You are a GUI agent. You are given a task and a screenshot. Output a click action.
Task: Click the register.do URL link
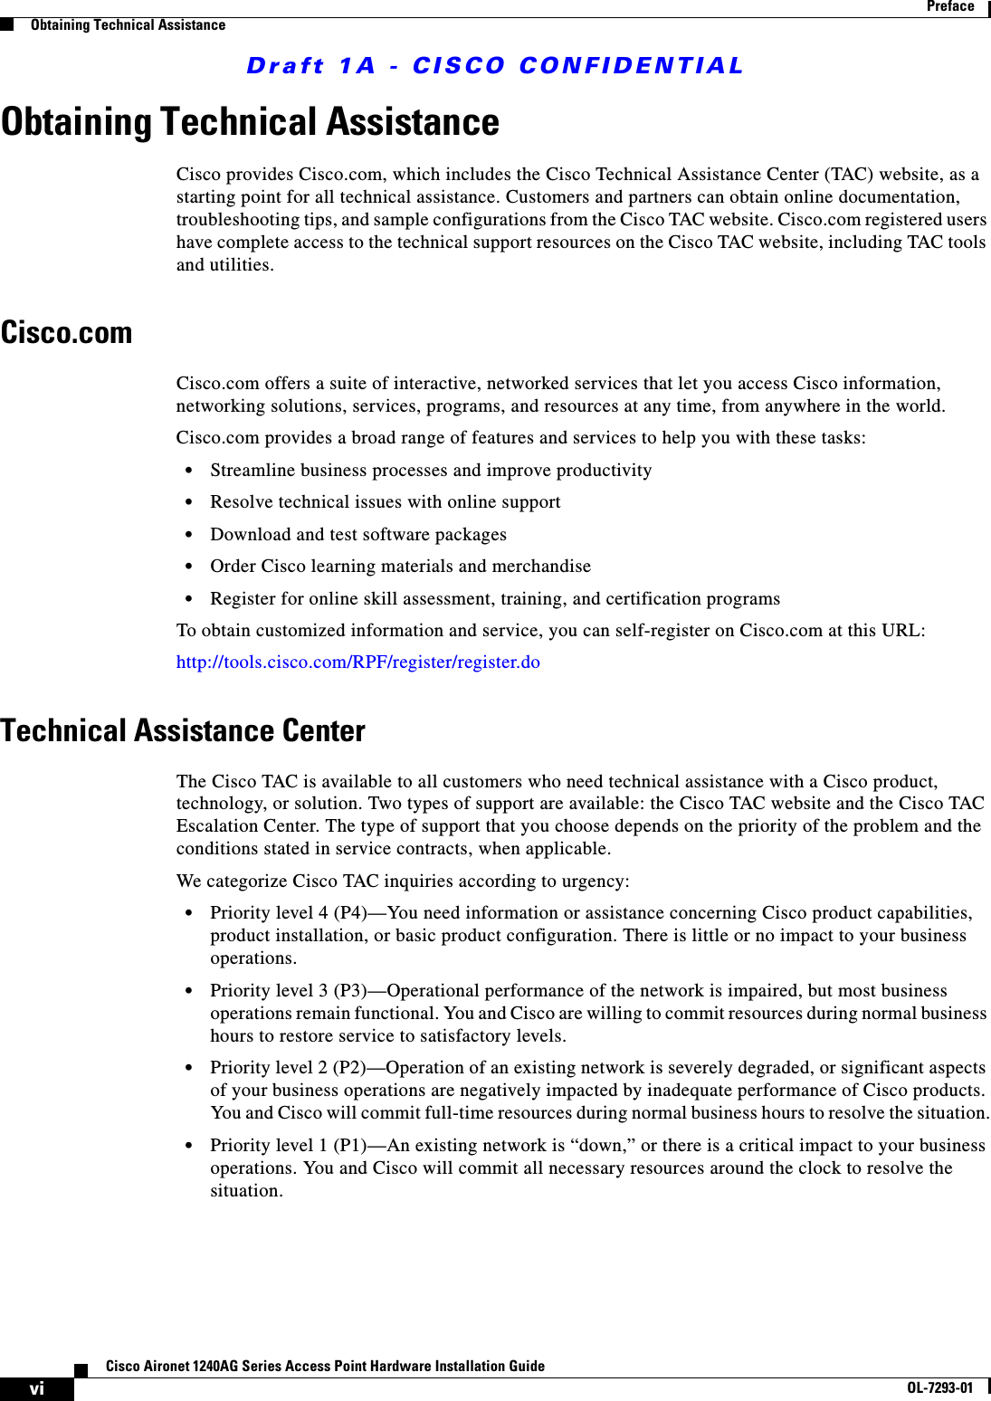[357, 662]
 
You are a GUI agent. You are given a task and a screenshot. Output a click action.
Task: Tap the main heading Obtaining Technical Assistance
[250, 122]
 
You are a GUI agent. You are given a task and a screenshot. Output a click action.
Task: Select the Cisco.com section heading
[67, 333]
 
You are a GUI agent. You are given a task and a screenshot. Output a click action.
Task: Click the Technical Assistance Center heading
[183, 730]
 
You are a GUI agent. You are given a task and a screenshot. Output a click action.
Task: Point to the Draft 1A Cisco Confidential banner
[495, 66]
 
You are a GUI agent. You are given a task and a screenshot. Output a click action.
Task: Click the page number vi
[36, 1388]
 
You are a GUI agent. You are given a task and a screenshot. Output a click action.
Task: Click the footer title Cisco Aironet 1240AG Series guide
[325, 1366]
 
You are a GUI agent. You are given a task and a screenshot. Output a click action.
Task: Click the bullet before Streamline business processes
[188, 471]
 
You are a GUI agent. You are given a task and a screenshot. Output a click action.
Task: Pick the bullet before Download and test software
[188, 535]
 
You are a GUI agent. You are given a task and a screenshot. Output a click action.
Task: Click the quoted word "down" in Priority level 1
[601, 1146]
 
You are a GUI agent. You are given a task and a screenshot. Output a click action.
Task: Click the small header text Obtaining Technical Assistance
[128, 25]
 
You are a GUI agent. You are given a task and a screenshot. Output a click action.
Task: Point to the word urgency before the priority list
[595, 882]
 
